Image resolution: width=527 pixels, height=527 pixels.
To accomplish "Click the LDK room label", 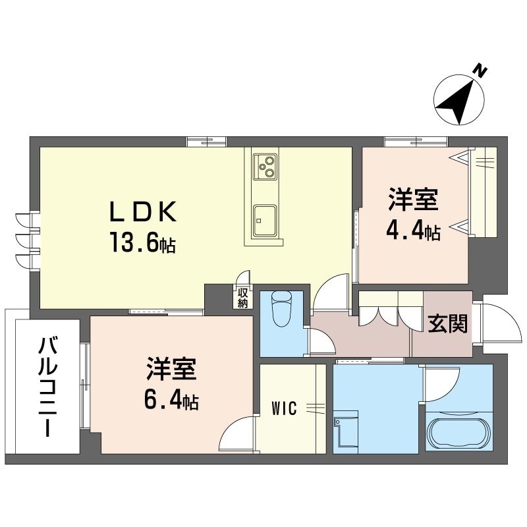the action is point(143,211).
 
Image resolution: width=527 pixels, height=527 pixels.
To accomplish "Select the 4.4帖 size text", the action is point(414,231).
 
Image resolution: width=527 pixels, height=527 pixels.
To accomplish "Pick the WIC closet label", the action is point(284,408).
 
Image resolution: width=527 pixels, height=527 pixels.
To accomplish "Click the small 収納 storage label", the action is point(242,297).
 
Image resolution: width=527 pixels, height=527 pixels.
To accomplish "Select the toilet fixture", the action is point(282,308).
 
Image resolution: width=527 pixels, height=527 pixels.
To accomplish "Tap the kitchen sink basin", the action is point(265,221).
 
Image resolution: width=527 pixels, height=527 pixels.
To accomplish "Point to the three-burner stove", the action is point(265,167).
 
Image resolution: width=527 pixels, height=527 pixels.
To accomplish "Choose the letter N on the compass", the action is point(480,72).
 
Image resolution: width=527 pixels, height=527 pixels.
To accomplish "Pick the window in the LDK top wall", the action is point(207,142).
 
